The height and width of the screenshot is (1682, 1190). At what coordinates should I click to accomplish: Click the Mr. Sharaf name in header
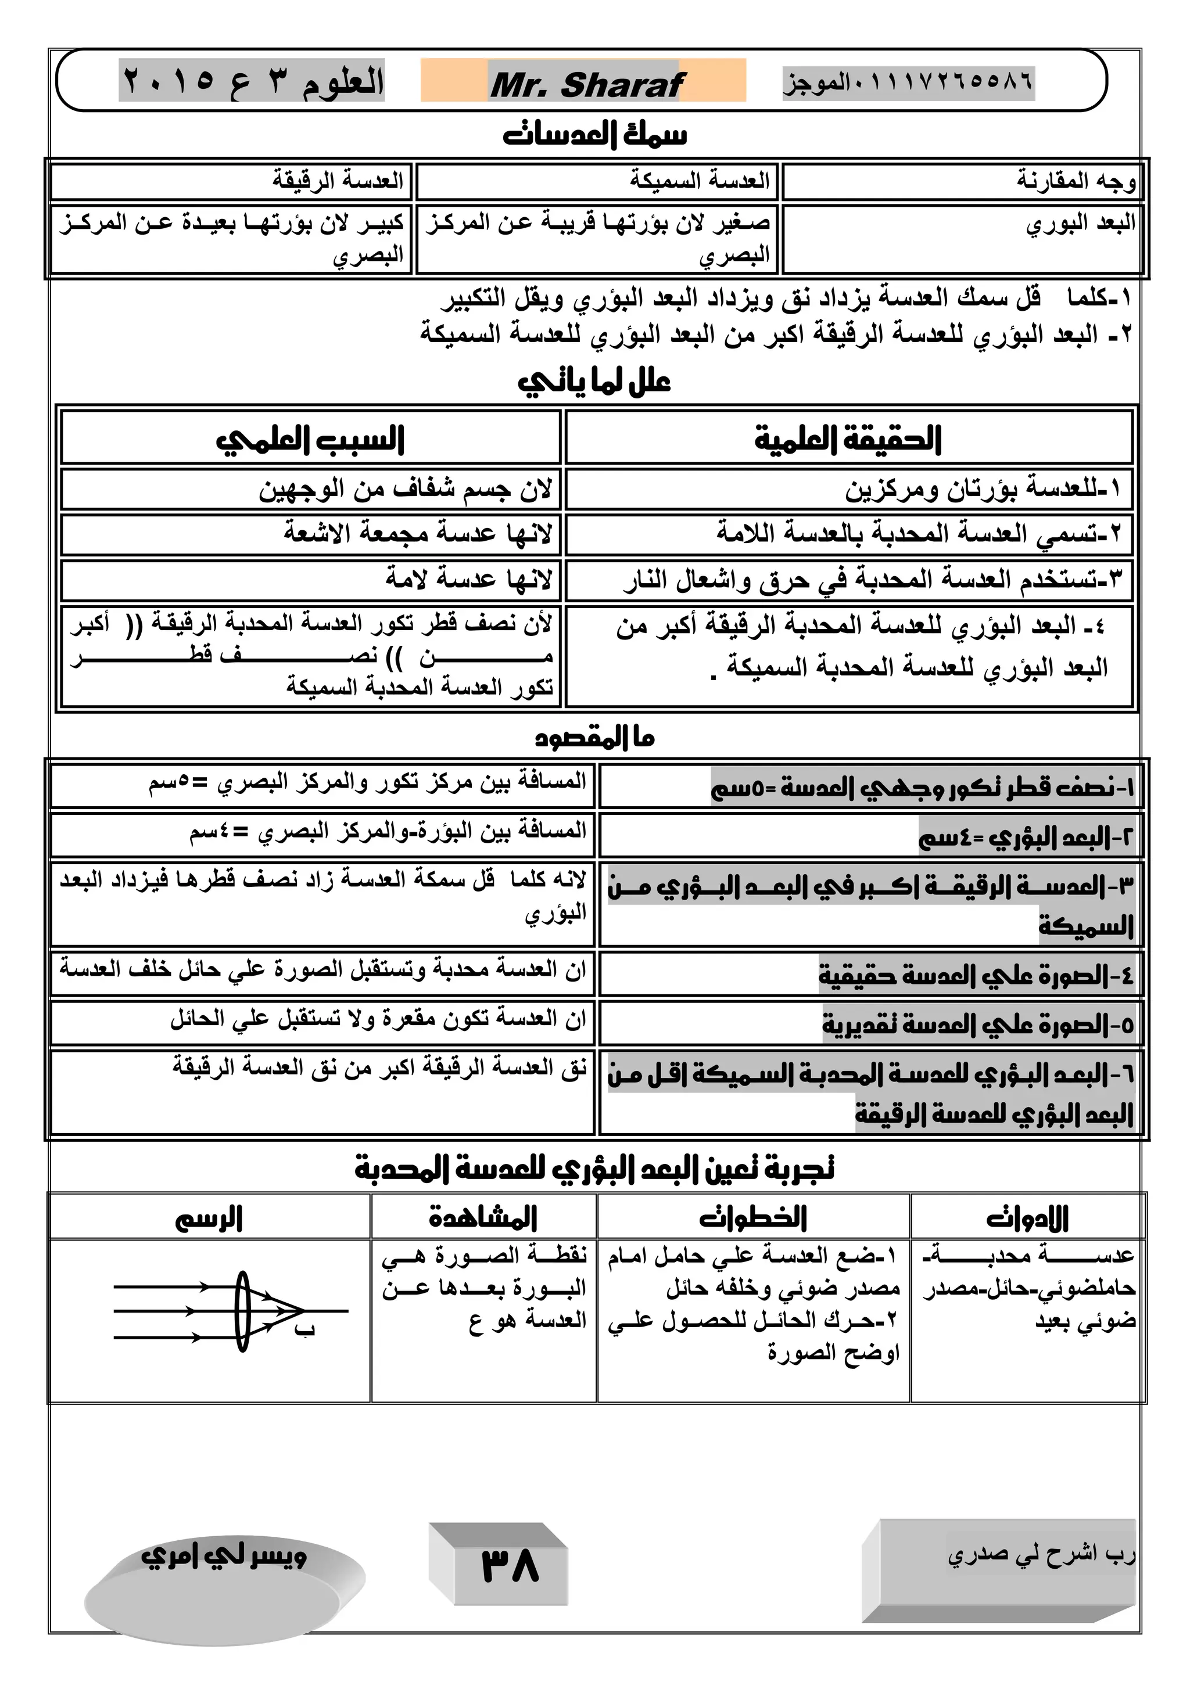click(x=586, y=84)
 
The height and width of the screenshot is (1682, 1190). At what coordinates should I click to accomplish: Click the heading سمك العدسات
click(x=594, y=135)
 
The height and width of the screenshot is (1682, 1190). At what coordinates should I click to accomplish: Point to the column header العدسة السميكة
click(x=699, y=180)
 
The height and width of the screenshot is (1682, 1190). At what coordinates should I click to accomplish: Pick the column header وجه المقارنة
click(x=1075, y=180)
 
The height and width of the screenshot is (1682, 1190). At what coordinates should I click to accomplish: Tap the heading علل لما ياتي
click(x=594, y=382)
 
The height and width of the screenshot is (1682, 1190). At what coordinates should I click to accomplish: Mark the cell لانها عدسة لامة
click(x=469, y=580)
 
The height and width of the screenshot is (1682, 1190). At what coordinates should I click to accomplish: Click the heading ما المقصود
click(x=594, y=737)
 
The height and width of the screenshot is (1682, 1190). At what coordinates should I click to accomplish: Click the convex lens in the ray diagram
click(x=242, y=1311)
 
